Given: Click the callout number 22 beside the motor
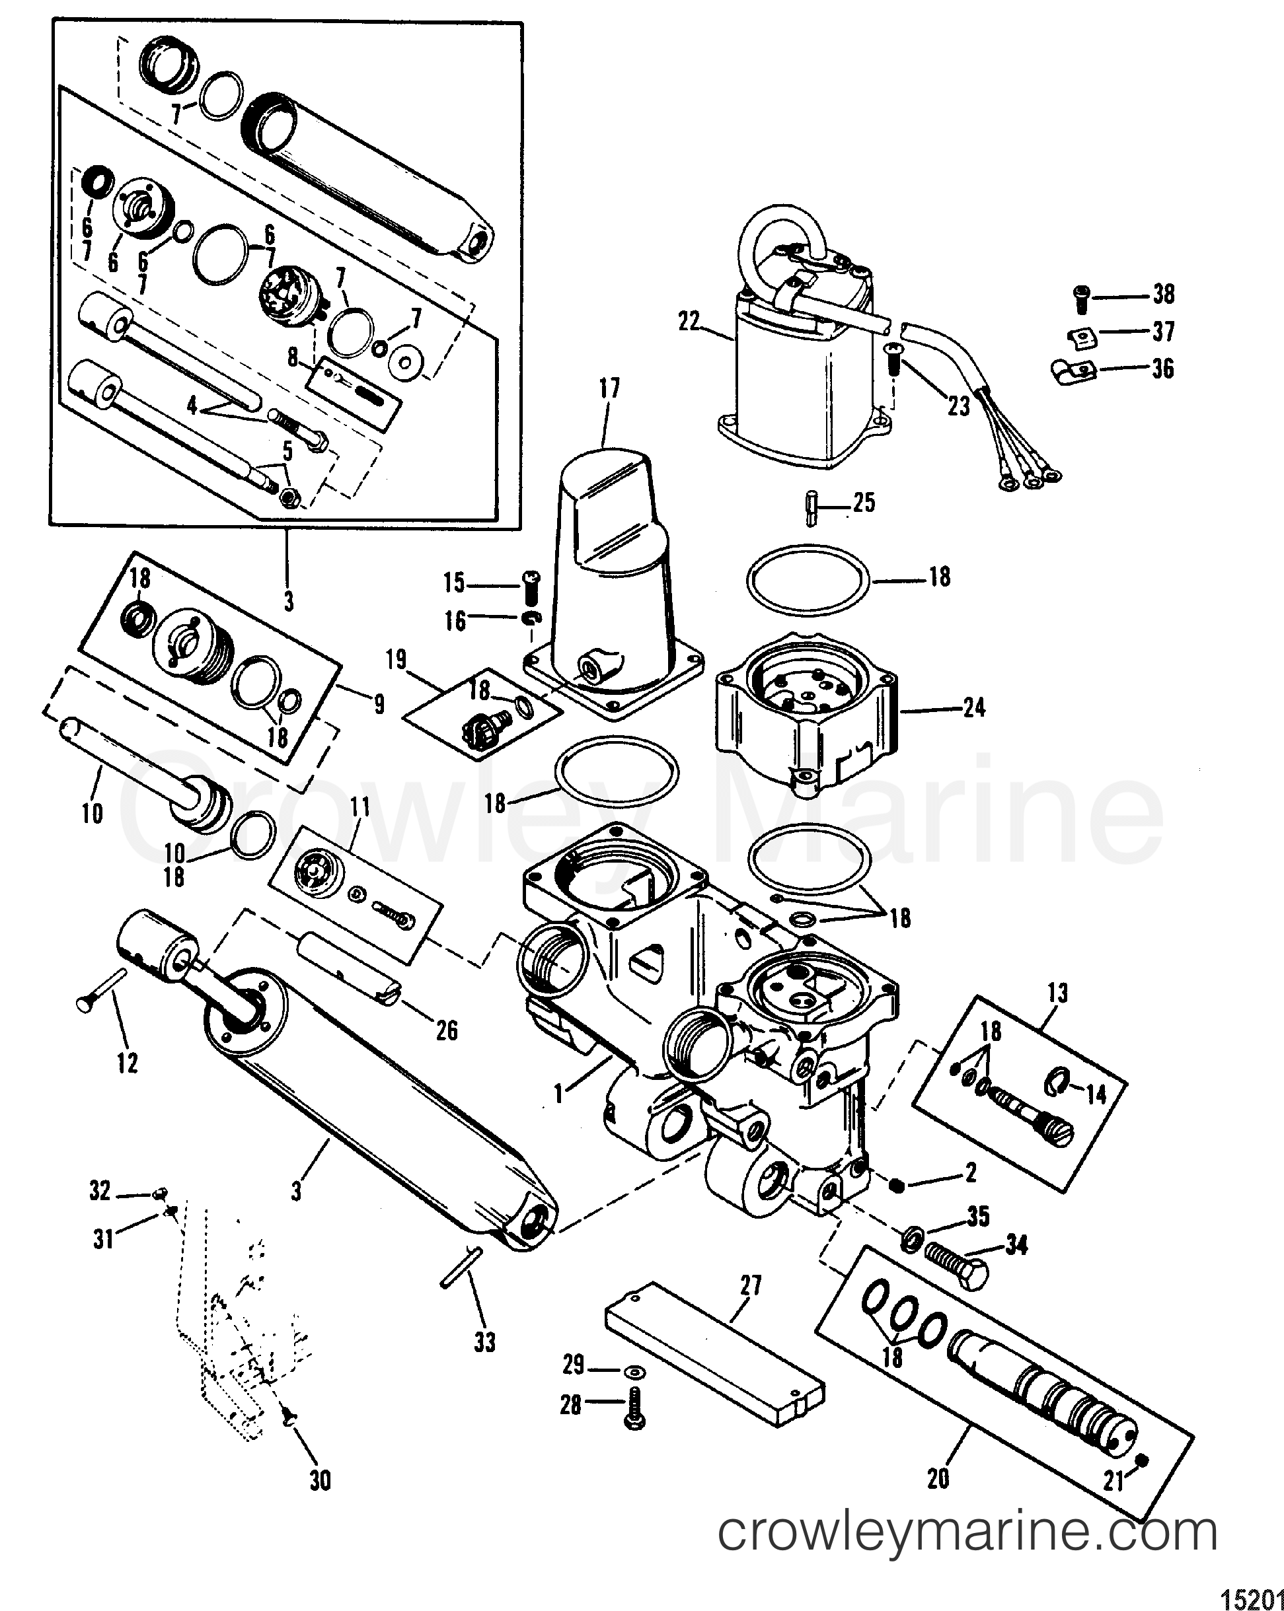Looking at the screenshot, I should [x=689, y=322].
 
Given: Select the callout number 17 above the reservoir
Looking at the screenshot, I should [x=609, y=388].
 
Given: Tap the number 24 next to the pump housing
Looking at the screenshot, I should [x=974, y=707].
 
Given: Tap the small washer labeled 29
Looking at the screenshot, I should [x=634, y=1372].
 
